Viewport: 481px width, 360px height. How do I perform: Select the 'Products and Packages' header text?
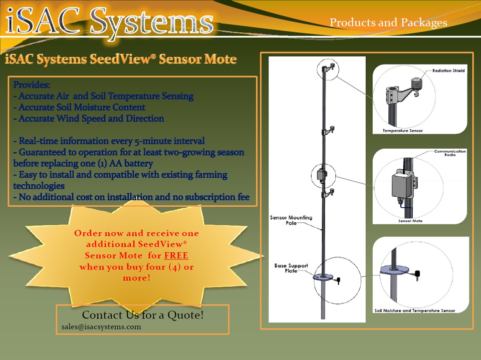(388, 23)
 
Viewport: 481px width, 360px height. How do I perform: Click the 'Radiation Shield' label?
(448, 71)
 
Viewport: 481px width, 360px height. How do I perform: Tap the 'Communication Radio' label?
(450, 153)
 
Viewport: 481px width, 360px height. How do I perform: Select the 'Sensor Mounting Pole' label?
(291, 221)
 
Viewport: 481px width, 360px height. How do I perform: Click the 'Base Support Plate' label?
(291, 268)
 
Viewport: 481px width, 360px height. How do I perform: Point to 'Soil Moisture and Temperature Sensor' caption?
(415, 310)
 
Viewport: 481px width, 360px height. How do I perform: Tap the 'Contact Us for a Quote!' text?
(143, 315)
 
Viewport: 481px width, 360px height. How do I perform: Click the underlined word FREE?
(176, 255)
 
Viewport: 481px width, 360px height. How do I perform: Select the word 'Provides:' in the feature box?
(32, 85)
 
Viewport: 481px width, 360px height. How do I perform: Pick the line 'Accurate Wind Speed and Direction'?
(88, 119)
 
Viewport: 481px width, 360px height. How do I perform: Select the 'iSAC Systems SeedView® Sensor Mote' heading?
(121, 60)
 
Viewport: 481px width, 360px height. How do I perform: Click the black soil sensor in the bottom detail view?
(416, 273)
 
